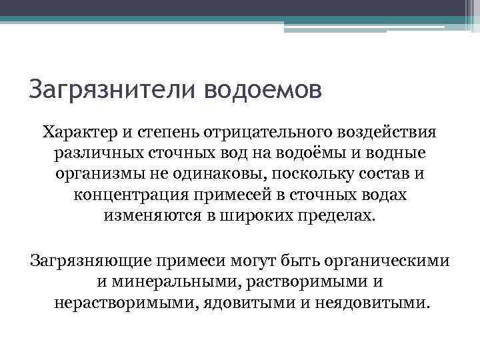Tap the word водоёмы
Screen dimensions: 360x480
pos(311,153)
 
